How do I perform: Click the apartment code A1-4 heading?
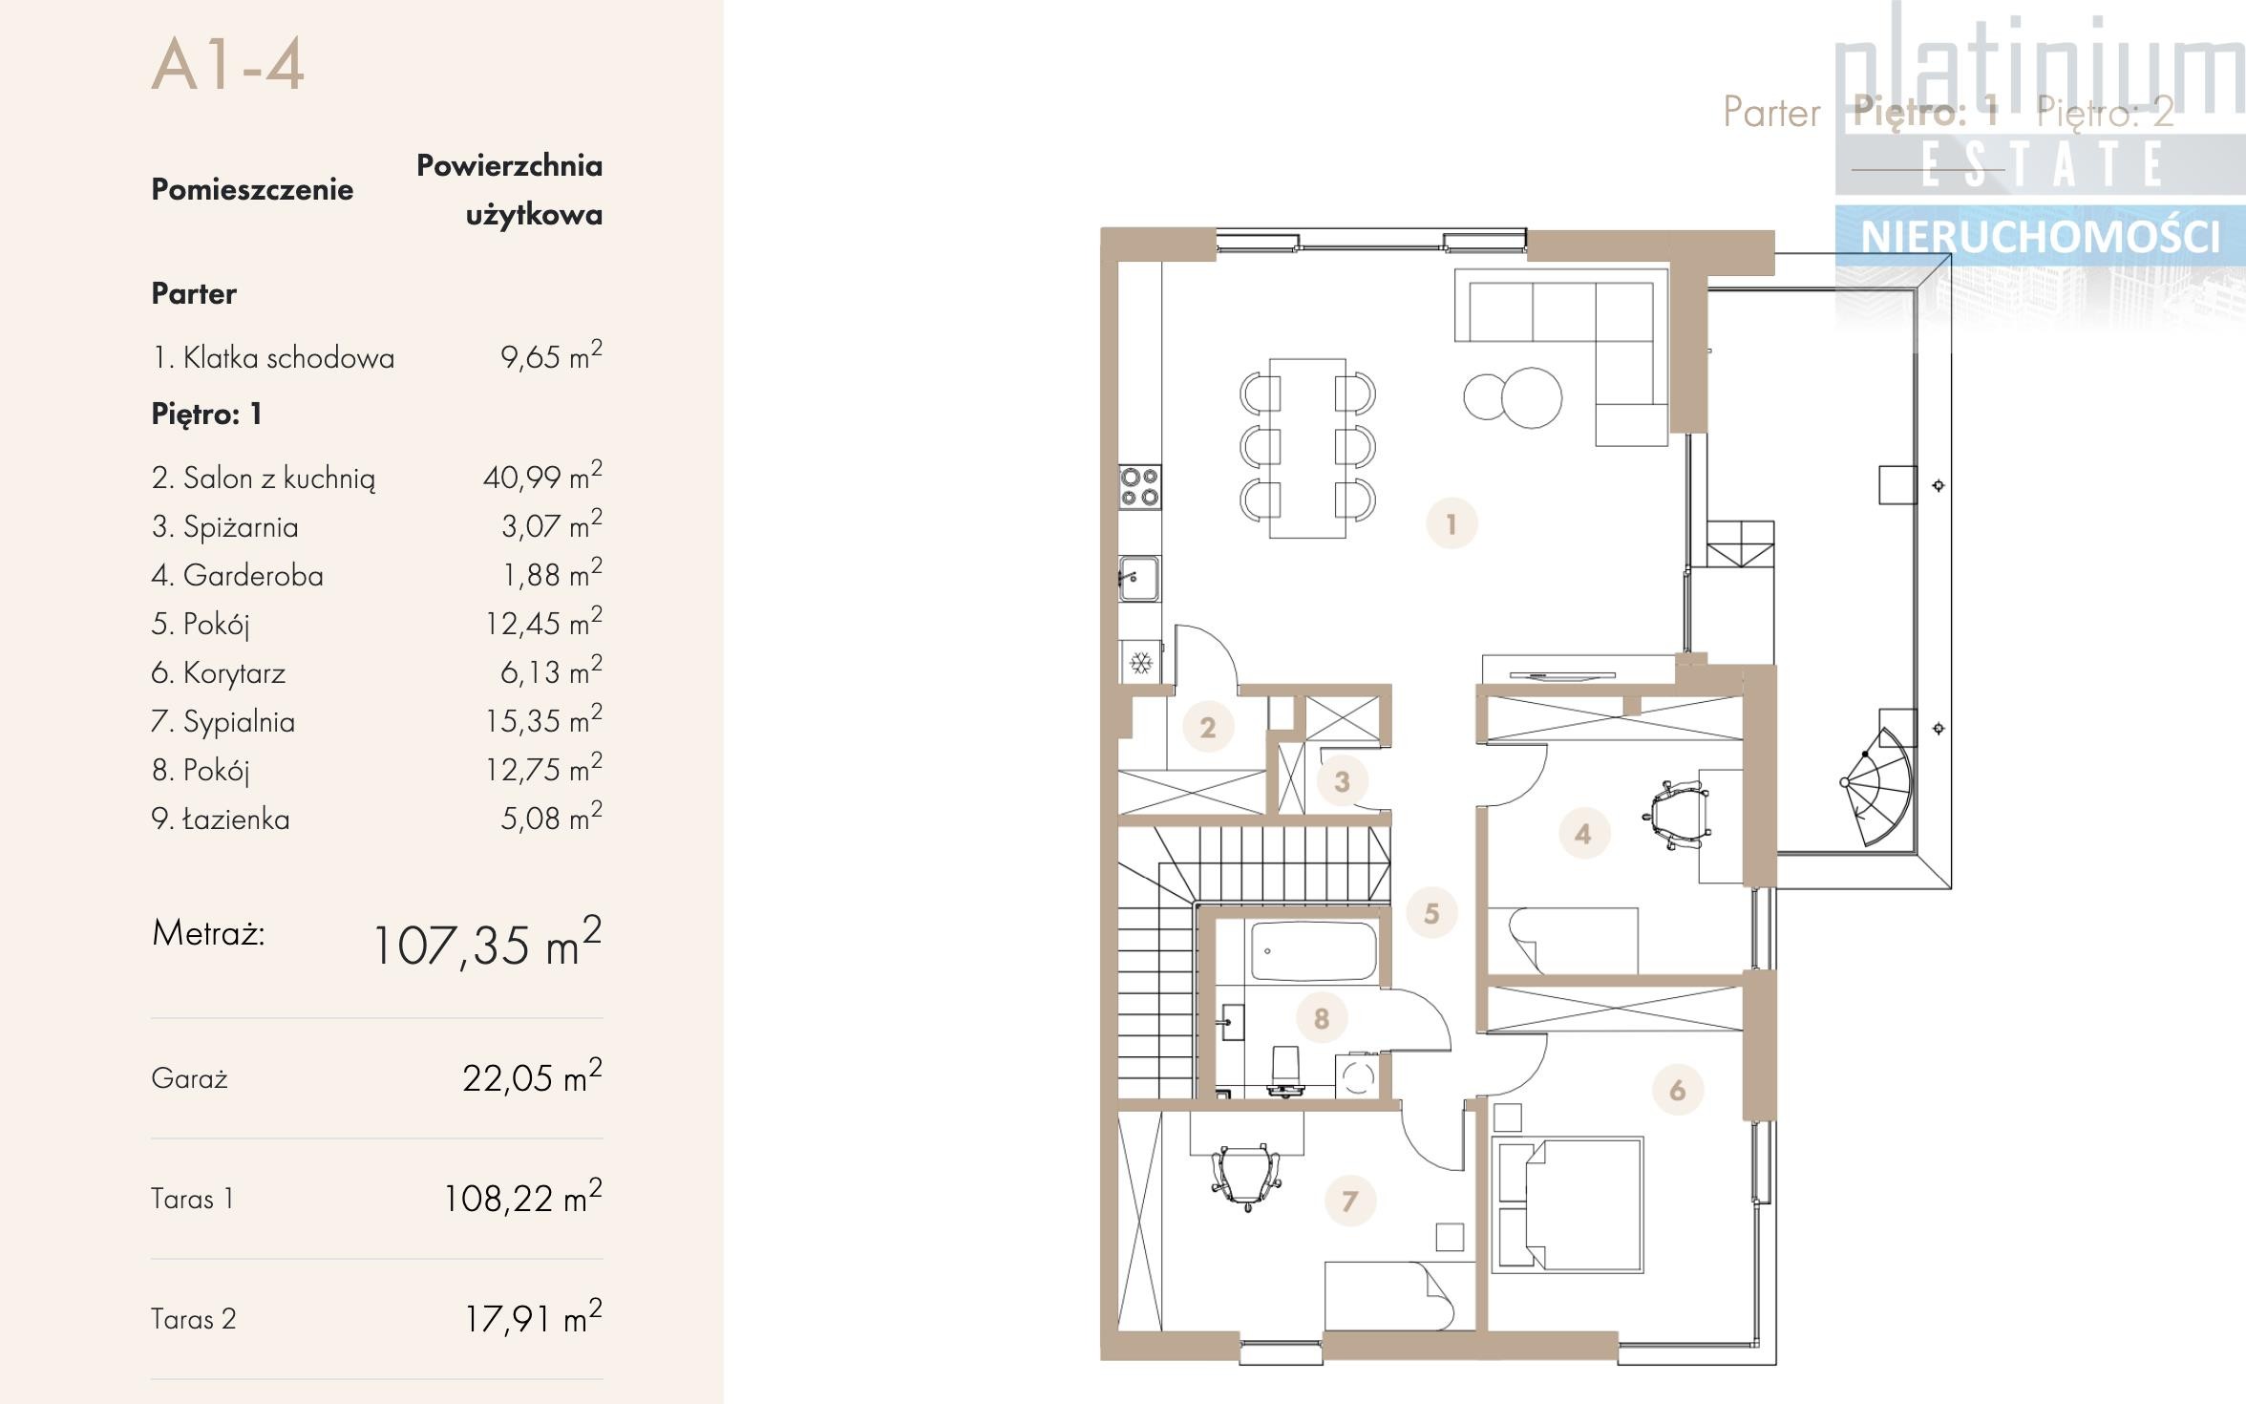pos(228,64)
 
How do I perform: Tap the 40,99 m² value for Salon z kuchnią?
pos(542,476)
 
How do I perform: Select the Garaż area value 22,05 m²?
pos(532,1076)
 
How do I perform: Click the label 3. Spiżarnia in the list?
pos(224,526)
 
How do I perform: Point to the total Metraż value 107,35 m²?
pos(487,943)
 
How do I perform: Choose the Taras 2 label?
pos(193,1319)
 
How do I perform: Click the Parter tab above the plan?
pos(1771,113)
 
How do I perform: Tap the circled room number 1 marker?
pos(1451,523)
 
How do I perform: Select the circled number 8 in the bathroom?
pos(1322,1018)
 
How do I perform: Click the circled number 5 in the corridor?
pos(1431,913)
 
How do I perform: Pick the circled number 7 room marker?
pos(1349,1201)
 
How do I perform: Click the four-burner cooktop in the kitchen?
pos(1140,487)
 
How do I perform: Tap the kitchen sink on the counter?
pos(1139,578)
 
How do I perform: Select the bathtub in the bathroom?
pos(1314,951)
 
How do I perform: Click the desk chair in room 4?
pos(1677,815)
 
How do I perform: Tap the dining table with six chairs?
pos(1307,447)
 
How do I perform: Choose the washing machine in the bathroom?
pos(1358,1076)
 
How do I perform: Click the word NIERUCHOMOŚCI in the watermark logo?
pos(2040,237)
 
